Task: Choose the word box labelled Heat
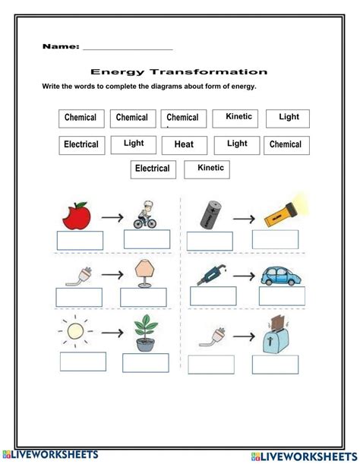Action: (x=184, y=144)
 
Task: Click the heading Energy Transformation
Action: (x=179, y=72)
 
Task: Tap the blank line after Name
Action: (x=127, y=47)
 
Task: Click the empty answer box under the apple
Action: (x=79, y=240)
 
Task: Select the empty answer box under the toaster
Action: (x=276, y=365)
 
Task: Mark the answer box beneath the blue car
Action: (x=281, y=296)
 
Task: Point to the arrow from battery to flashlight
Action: (x=244, y=218)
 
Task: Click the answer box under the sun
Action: (x=83, y=361)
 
